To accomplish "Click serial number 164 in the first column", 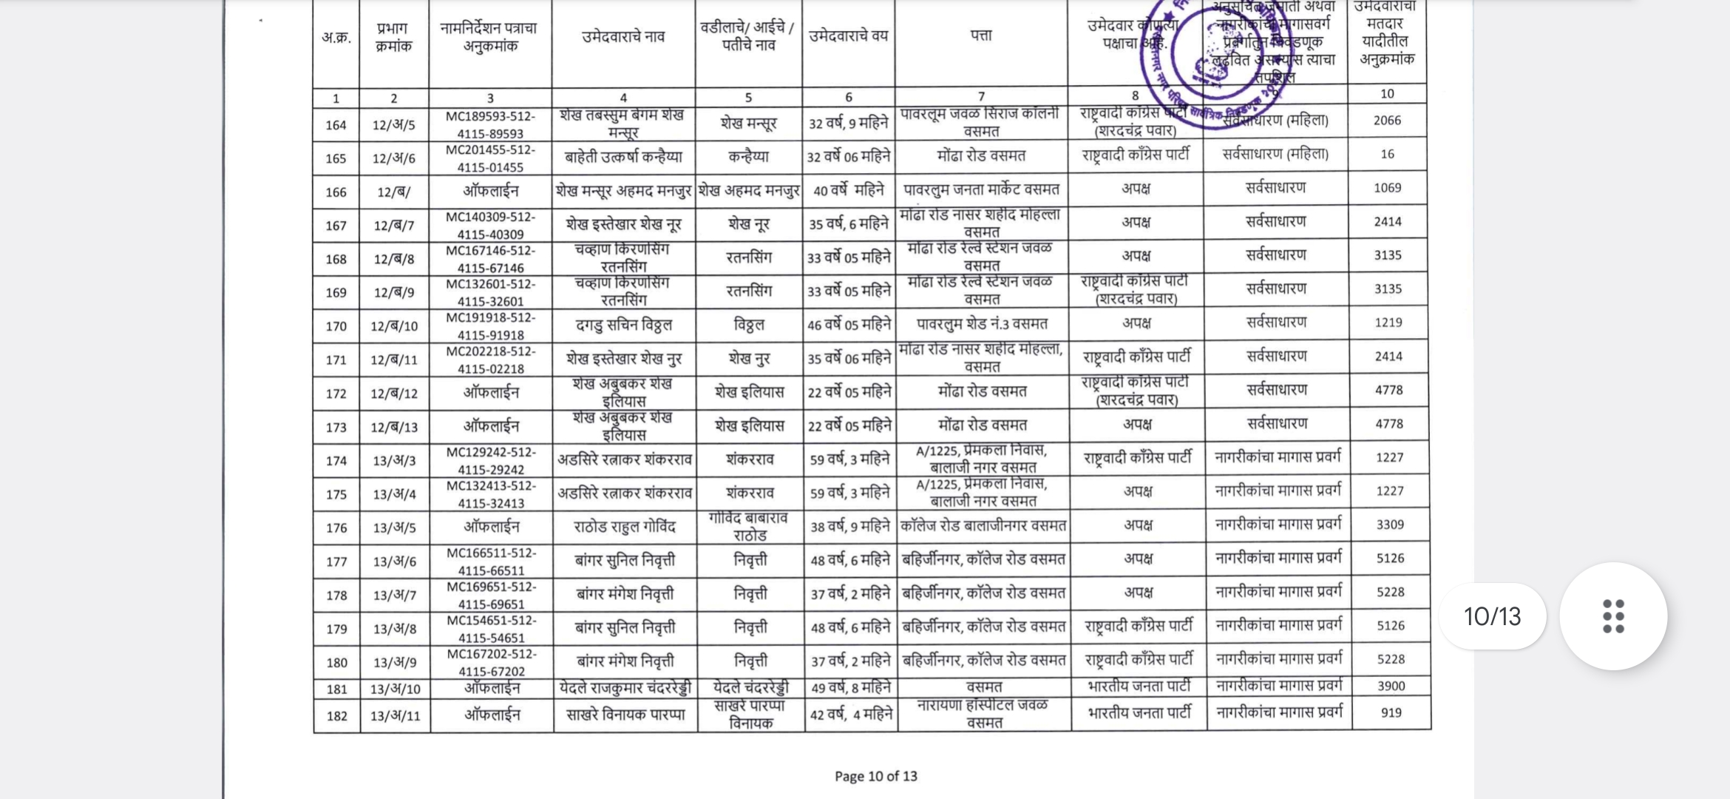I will (x=336, y=125).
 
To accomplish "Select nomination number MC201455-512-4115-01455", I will (x=490, y=158).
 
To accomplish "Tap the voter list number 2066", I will (x=1387, y=121).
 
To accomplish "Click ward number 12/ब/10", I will (x=394, y=326).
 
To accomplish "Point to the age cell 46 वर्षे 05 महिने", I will (x=849, y=325).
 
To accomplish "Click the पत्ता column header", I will (x=981, y=36).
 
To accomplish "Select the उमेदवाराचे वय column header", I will (x=848, y=36).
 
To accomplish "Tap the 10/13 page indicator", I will (x=1492, y=616).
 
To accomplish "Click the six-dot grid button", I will (x=1613, y=616).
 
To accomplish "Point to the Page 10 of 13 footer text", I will (x=875, y=776).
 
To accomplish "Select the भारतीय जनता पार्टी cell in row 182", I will (x=1139, y=713).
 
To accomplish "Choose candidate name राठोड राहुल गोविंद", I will (x=625, y=527).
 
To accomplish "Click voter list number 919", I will (x=1391, y=713).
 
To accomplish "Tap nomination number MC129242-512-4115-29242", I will (x=491, y=460).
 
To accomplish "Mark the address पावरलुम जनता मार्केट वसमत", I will (x=981, y=190).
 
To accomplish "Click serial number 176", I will (x=336, y=528).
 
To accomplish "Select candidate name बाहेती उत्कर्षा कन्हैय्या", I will (x=623, y=158).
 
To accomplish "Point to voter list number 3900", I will (x=1391, y=687).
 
